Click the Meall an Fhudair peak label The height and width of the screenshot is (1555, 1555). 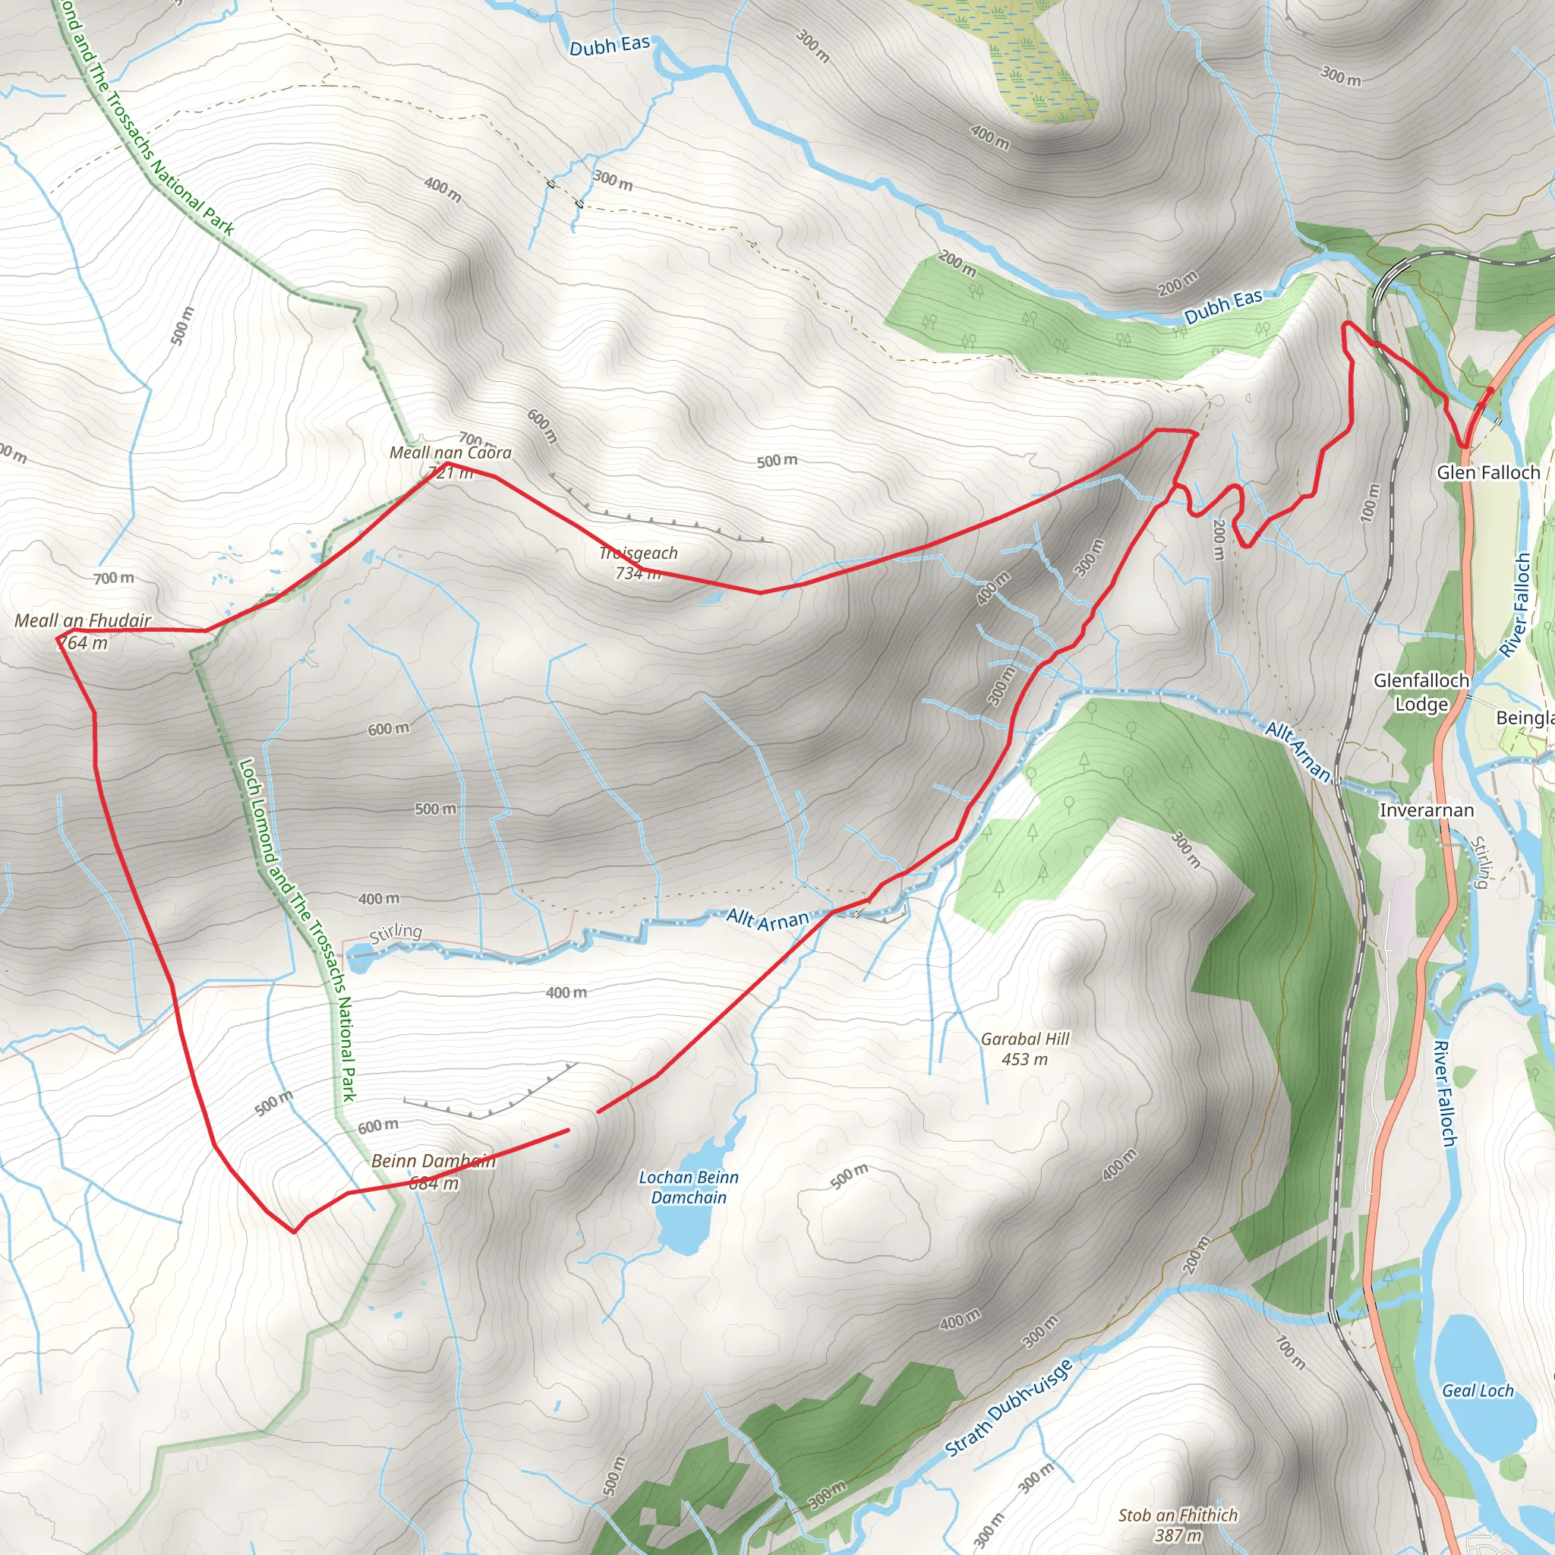tap(82, 620)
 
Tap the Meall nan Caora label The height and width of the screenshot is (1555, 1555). tap(450, 453)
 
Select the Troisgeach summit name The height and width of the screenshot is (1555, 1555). tap(639, 553)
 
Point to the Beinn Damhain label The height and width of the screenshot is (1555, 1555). tap(433, 1161)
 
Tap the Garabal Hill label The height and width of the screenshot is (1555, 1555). tap(1024, 1039)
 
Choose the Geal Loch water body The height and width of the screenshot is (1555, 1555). tap(1477, 1391)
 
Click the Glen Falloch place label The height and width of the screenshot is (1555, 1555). tap(1488, 472)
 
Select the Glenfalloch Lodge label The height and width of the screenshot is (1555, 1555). tap(1421, 692)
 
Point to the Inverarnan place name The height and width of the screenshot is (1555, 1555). tap(1426, 810)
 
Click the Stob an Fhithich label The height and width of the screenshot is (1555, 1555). tap(1178, 1515)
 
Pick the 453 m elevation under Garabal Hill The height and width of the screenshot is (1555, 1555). tap(1024, 1059)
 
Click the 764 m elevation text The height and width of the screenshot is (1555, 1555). tap(84, 642)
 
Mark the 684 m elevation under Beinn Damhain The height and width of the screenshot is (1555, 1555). tap(433, 1183)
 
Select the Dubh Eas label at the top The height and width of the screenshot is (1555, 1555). tap(609, 46)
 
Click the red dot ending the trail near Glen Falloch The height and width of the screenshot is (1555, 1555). tap(1490, 390)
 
